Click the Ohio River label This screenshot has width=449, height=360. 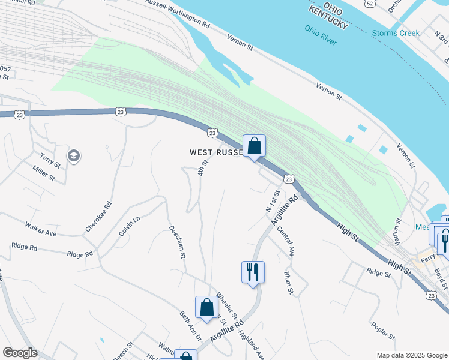tap(321, 35)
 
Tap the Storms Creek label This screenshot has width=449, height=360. tap(396, 33)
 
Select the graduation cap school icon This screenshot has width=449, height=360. tap(74, 157)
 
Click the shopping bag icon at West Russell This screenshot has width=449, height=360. tap(254, 146)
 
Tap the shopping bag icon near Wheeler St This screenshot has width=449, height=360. tap(206, 307)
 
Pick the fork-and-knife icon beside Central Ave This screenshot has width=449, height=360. tap(253, 272)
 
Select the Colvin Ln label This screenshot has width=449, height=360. tap(129, 226)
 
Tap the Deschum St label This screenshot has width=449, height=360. tap(176, 241)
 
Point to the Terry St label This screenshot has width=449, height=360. tap(50, 161)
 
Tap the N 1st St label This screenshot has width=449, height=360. tap(273, 201)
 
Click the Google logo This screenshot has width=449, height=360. tap(20, 353)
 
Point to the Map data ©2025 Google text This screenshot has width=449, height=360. tap(411, 355)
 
